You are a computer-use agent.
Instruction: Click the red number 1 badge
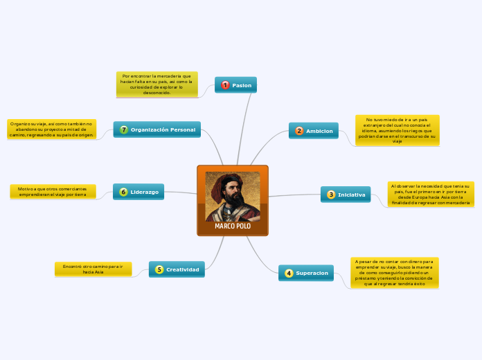click(x=225, y=85)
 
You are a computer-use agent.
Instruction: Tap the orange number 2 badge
click(x=299, y=131)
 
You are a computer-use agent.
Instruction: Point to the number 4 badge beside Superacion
click(x=289, y=273)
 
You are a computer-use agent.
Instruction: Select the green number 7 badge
click(x=124, y=129)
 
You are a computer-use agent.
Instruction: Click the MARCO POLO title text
click(x=233, y=226)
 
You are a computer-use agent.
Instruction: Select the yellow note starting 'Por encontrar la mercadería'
click(x=157, y=84)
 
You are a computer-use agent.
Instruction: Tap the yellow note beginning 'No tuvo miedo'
click(x=397, y=130)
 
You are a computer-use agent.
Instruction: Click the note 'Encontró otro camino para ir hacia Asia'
click(x=93, y=269)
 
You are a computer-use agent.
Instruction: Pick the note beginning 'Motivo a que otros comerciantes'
click(x=53, y=192)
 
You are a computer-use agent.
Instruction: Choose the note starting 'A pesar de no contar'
click(x=394, y=273)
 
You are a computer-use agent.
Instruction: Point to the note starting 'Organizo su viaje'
click(x=51, y=129)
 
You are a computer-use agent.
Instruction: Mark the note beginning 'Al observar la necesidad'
click(x=431, y=195)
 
